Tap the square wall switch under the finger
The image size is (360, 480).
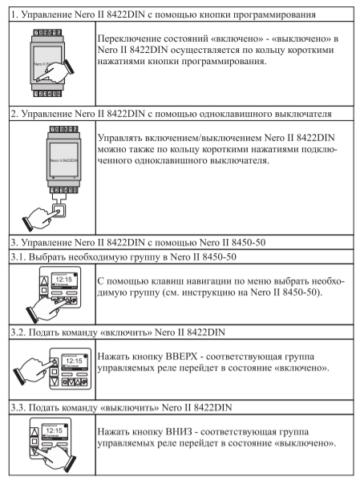[59, 211]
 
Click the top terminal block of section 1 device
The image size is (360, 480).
[47, 32]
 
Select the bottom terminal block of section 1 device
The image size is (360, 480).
[47, 94]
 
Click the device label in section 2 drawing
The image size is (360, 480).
[63, 160]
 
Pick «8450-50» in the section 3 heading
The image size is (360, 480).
[249, 243]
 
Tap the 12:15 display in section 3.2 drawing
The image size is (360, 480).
[74, 361]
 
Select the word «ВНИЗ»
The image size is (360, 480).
[179, 432]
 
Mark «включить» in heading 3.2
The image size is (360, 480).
[126, 333]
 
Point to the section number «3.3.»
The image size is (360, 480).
[18, 408]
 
